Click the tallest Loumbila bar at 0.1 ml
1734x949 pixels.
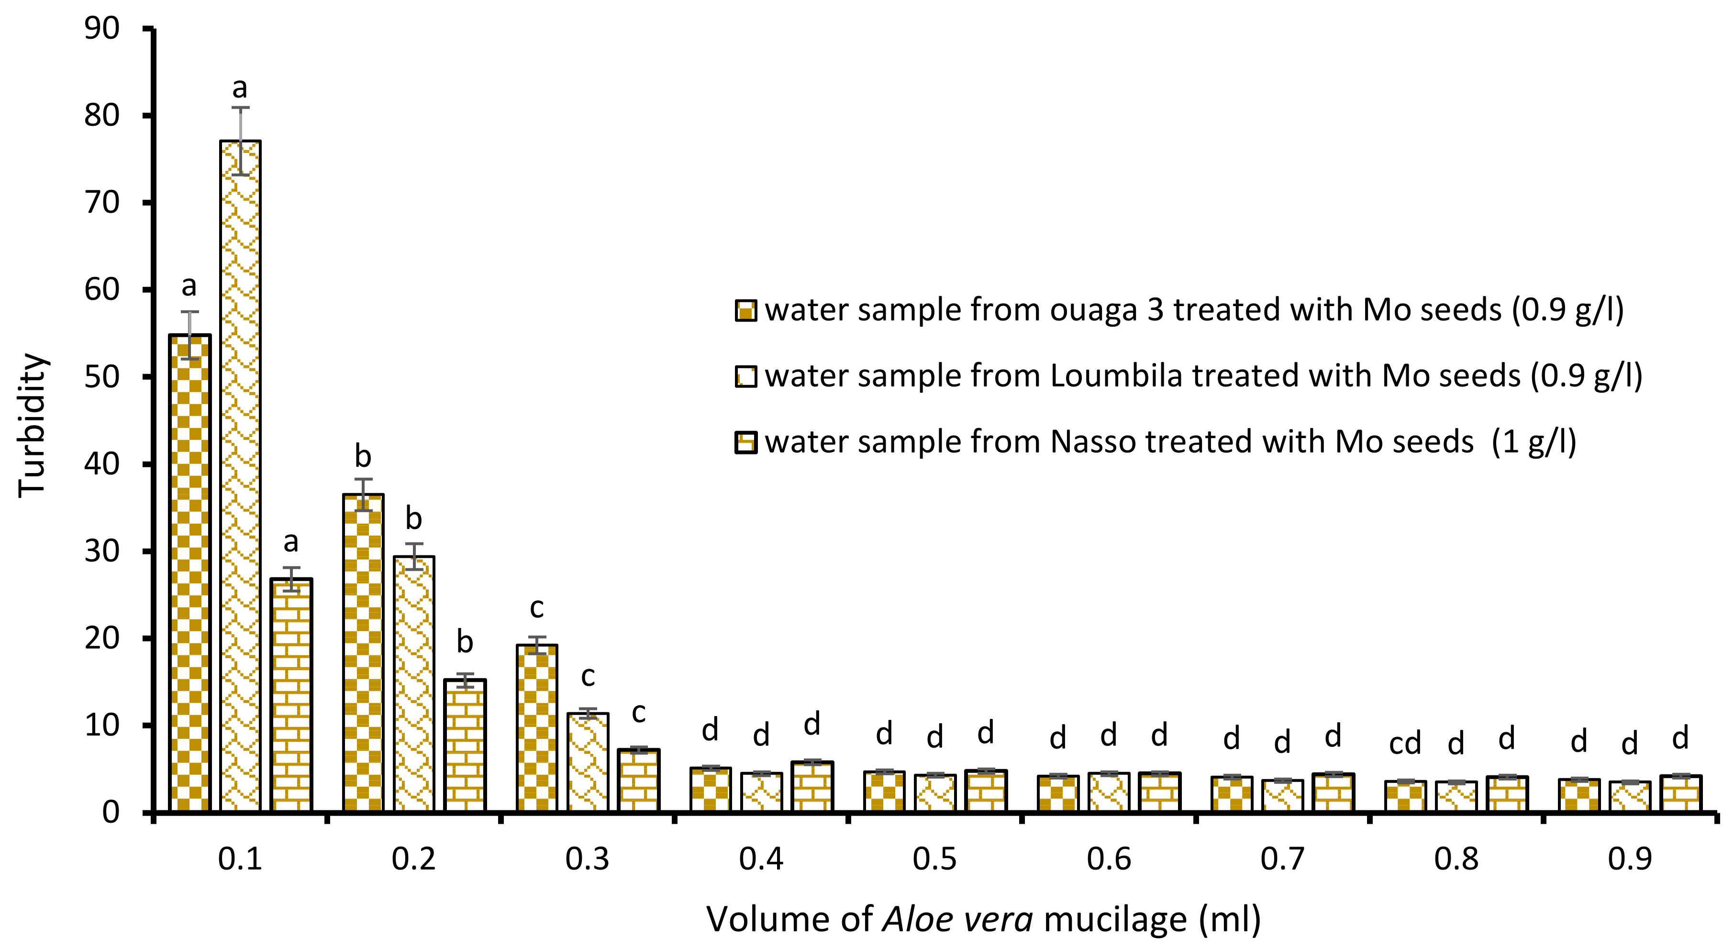pos(240,471)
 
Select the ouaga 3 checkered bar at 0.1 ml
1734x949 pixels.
pos(190,572)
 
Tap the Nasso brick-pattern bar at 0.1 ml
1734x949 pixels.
pos(291,693)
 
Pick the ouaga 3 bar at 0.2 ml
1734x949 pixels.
pos(364,653)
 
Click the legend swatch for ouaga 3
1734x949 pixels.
pos(746,311)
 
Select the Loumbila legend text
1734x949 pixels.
pos(1203,375)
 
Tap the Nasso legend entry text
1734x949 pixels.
pos(1170,442)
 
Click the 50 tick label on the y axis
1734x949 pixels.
pos(102,377)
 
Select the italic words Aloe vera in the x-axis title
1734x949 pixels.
pos(958,919)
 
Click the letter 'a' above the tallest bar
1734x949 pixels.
pos(240,88)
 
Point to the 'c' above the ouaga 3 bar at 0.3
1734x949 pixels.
pos(536,608)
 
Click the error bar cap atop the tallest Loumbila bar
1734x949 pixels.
pos(240,108)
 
